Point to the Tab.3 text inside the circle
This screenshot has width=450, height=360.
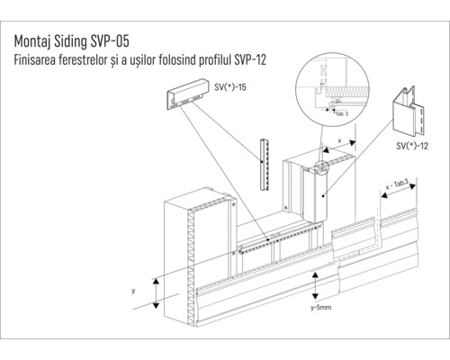point(340,114)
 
